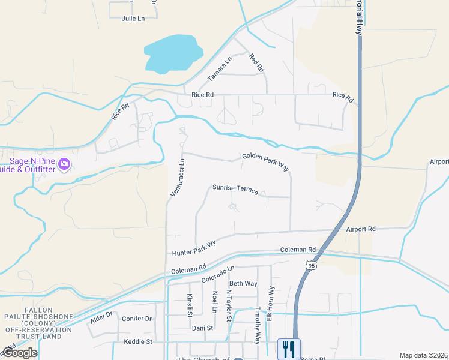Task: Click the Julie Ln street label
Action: point(133,19)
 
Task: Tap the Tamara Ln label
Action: point(219,69)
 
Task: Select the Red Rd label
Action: point(256,63)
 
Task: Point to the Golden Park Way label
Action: point(265,162)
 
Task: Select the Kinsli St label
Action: point(189,305)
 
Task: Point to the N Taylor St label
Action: point(229,306)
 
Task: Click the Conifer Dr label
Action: point(136,319)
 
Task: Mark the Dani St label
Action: point(202,328)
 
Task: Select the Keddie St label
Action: point(138,341)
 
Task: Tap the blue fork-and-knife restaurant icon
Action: point(289,347)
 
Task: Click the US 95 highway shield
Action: point(310,265)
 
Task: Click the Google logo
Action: point(20,353)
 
